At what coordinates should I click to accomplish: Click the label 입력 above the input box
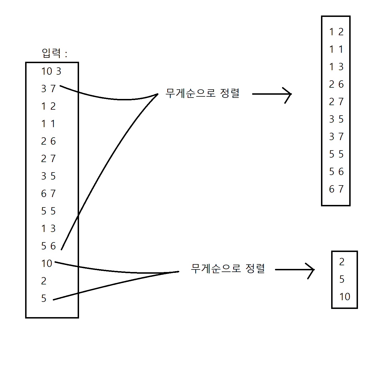[x=51, y=53]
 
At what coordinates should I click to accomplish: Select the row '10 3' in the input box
[x=51, y=71]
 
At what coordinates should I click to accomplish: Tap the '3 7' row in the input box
[x=48, y=89]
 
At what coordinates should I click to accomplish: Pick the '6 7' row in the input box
[x=48, y=194]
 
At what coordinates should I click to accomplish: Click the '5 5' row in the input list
[x=48, y=211]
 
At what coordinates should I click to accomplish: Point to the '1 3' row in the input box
[x=48, y=229]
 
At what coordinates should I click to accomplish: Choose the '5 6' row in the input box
[x=48, y=246]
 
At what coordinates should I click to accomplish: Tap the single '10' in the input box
[x=47, y=264]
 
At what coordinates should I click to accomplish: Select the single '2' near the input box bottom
[x=44, y=281]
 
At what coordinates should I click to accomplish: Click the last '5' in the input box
[x=44, y=299]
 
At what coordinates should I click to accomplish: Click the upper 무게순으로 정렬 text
[x=202, y=93]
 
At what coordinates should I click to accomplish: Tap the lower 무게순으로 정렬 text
[x=228, y=269]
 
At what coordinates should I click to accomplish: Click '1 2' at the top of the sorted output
[x=336, y=32]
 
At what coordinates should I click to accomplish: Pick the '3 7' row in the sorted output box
[x=336, y=137]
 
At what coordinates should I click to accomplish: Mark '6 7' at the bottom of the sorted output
[x=336, y=189]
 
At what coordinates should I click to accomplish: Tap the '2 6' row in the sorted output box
[x=336, y=84]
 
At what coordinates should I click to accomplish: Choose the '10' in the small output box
[x=345, y=297]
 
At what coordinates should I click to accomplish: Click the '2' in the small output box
[x=342, y=262]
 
